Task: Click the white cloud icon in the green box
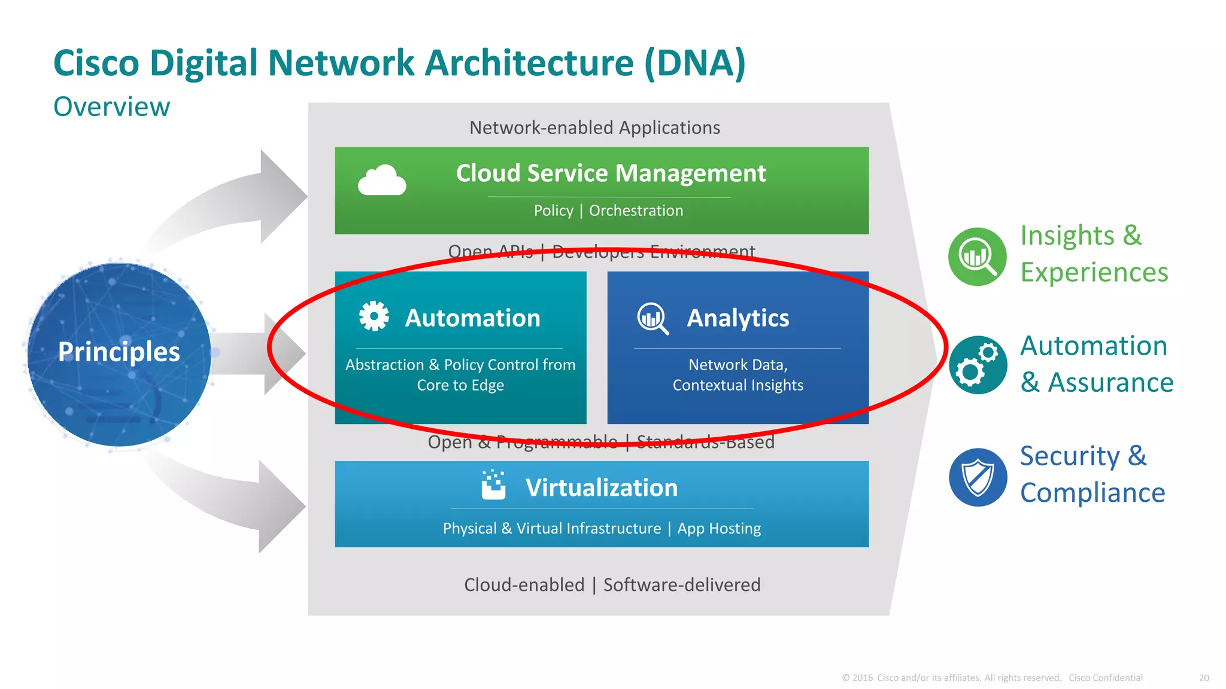click(x=382, y=180)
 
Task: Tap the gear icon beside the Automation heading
click(x=374, y=316)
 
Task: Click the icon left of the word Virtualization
click(x=494, y=485)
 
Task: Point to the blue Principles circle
click(x=119, y=354)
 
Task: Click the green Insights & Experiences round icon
click(x=978, y=257)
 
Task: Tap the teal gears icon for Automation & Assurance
click(x=978, y=365)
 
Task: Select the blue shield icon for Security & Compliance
click(x=978, y=477)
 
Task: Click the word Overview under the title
click(x=112, y=107)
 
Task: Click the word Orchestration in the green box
click(x=636, y=211)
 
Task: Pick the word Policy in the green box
click(x=553, y=211)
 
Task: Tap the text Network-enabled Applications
click(x=594, y=127)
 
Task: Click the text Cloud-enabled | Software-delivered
click(x=612, y=584)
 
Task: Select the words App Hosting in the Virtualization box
click(x=719, y=528)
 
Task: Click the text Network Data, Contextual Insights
click(x=738, y=375)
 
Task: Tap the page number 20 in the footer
click(x=1204, y=678)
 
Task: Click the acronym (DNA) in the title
click(x=695, y=63)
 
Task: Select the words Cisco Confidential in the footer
click(x=1106, y=678)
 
